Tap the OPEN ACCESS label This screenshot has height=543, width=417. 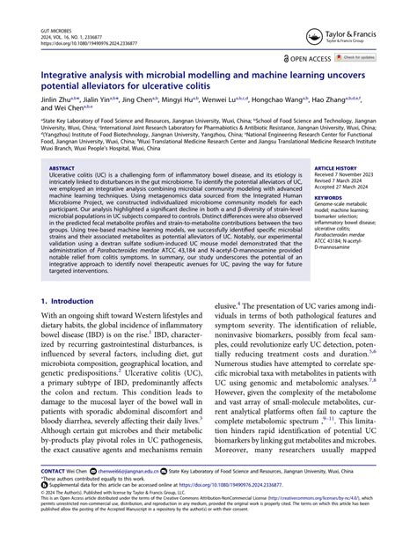click(x=308, y=58)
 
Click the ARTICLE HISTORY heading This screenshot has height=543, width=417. click(x=335, y=166)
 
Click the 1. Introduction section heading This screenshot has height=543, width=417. click(x=69, y=302)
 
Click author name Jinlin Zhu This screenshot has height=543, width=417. click(x=56, y=100)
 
